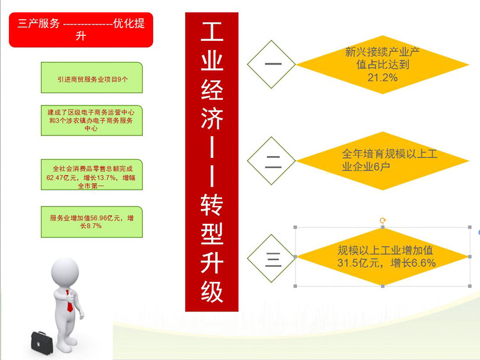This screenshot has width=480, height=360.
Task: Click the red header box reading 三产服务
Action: [x=81, y=29]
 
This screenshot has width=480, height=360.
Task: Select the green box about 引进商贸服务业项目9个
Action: [x=92, y=77]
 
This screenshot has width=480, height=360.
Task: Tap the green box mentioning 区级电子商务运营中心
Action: [x=92, y=120]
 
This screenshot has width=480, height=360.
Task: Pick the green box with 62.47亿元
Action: [x=92, y=175]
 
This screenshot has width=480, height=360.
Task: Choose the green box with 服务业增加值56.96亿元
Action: [x=92, y=222]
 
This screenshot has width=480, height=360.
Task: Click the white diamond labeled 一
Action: [x=271, y=64]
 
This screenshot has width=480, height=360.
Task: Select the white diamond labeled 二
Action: [x=271, y=161]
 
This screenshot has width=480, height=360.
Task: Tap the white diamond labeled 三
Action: [x=271, y=258]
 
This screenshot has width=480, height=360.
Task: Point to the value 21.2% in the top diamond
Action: [x=383, y=77]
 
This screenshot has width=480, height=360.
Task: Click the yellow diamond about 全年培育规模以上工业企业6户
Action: [x=383, y=161]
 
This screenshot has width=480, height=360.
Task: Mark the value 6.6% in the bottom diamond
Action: [x=424, y=263]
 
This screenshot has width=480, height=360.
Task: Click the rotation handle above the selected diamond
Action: [x=383, y=220]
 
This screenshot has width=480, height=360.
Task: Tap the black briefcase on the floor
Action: [x=42, y=343]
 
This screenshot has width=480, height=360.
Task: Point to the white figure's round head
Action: [x=65, y=272]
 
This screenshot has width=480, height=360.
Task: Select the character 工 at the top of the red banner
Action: [x=212, y=31]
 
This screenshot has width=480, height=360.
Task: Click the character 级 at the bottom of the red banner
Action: [x=212, y=292]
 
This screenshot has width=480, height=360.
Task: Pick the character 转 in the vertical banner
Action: [x=212, y=205]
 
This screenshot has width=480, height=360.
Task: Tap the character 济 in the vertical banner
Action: [x=212, y=118]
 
